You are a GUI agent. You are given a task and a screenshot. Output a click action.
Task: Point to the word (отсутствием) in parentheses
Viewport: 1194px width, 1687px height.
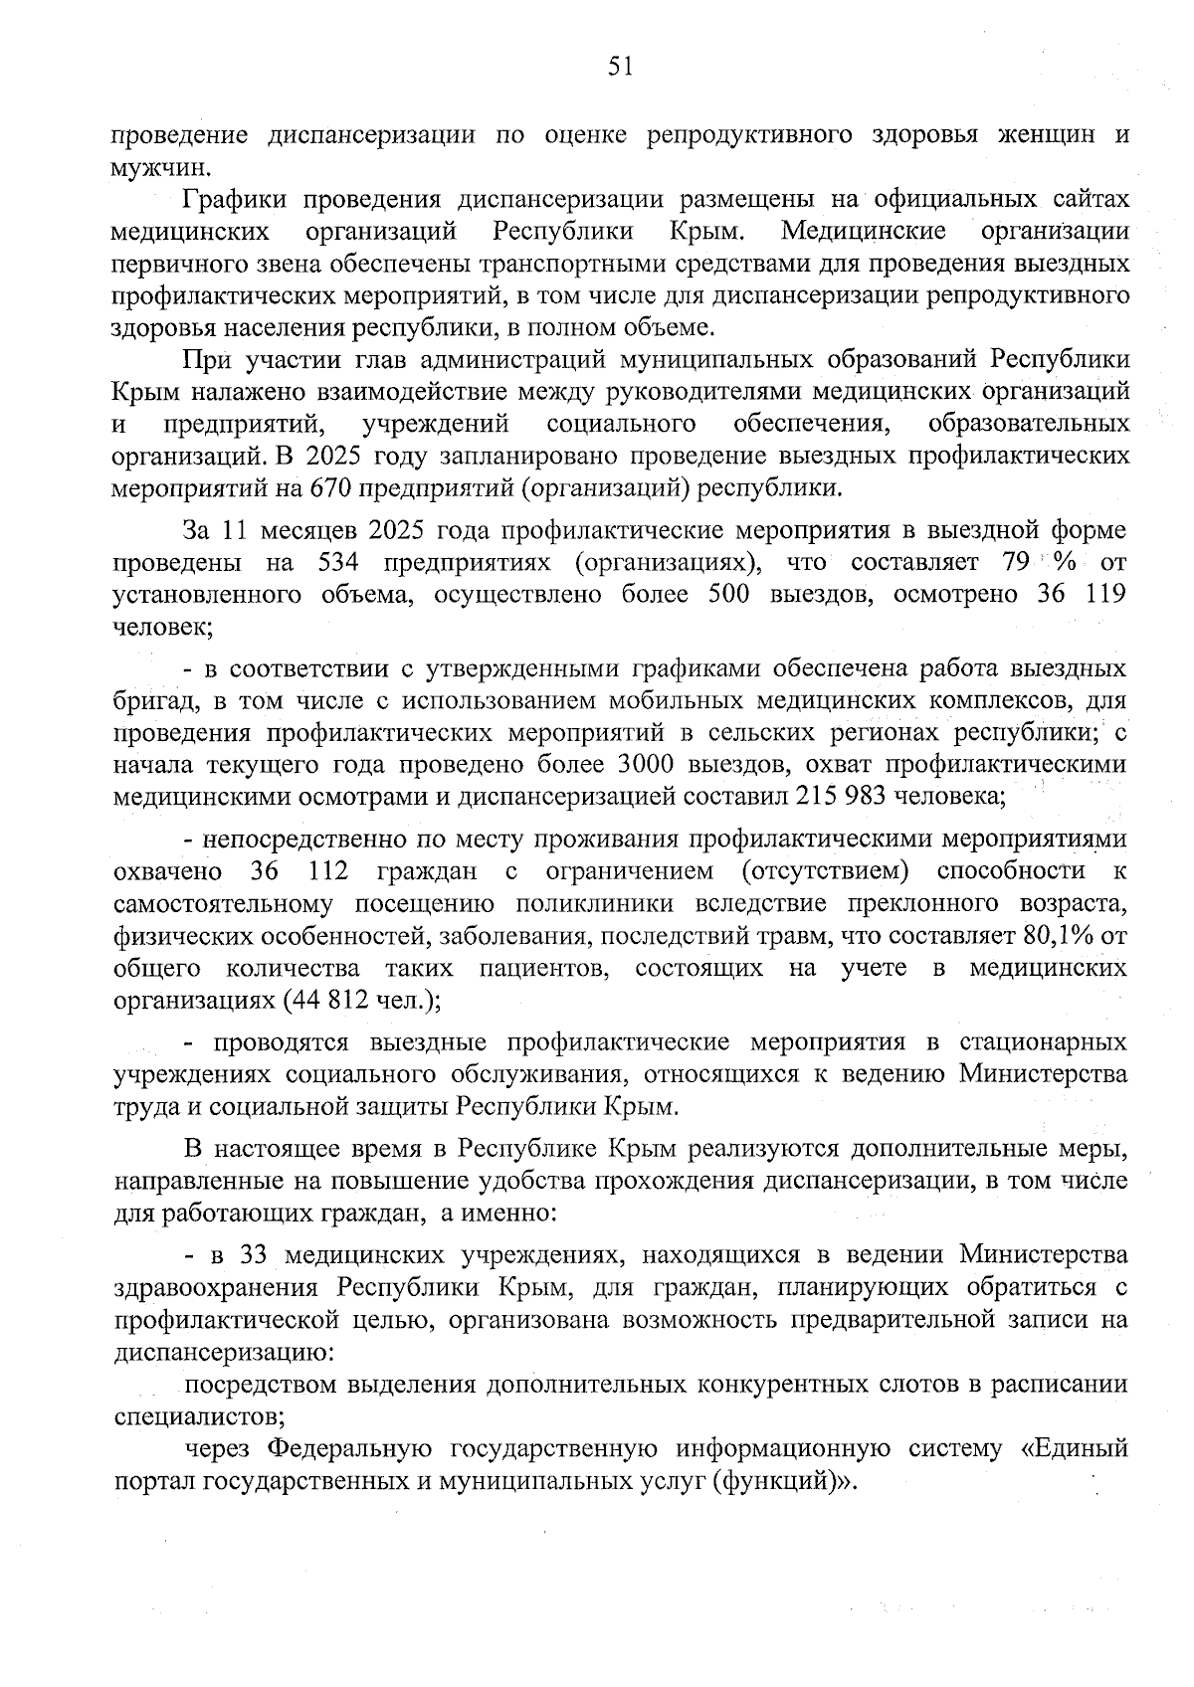[825, 871]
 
